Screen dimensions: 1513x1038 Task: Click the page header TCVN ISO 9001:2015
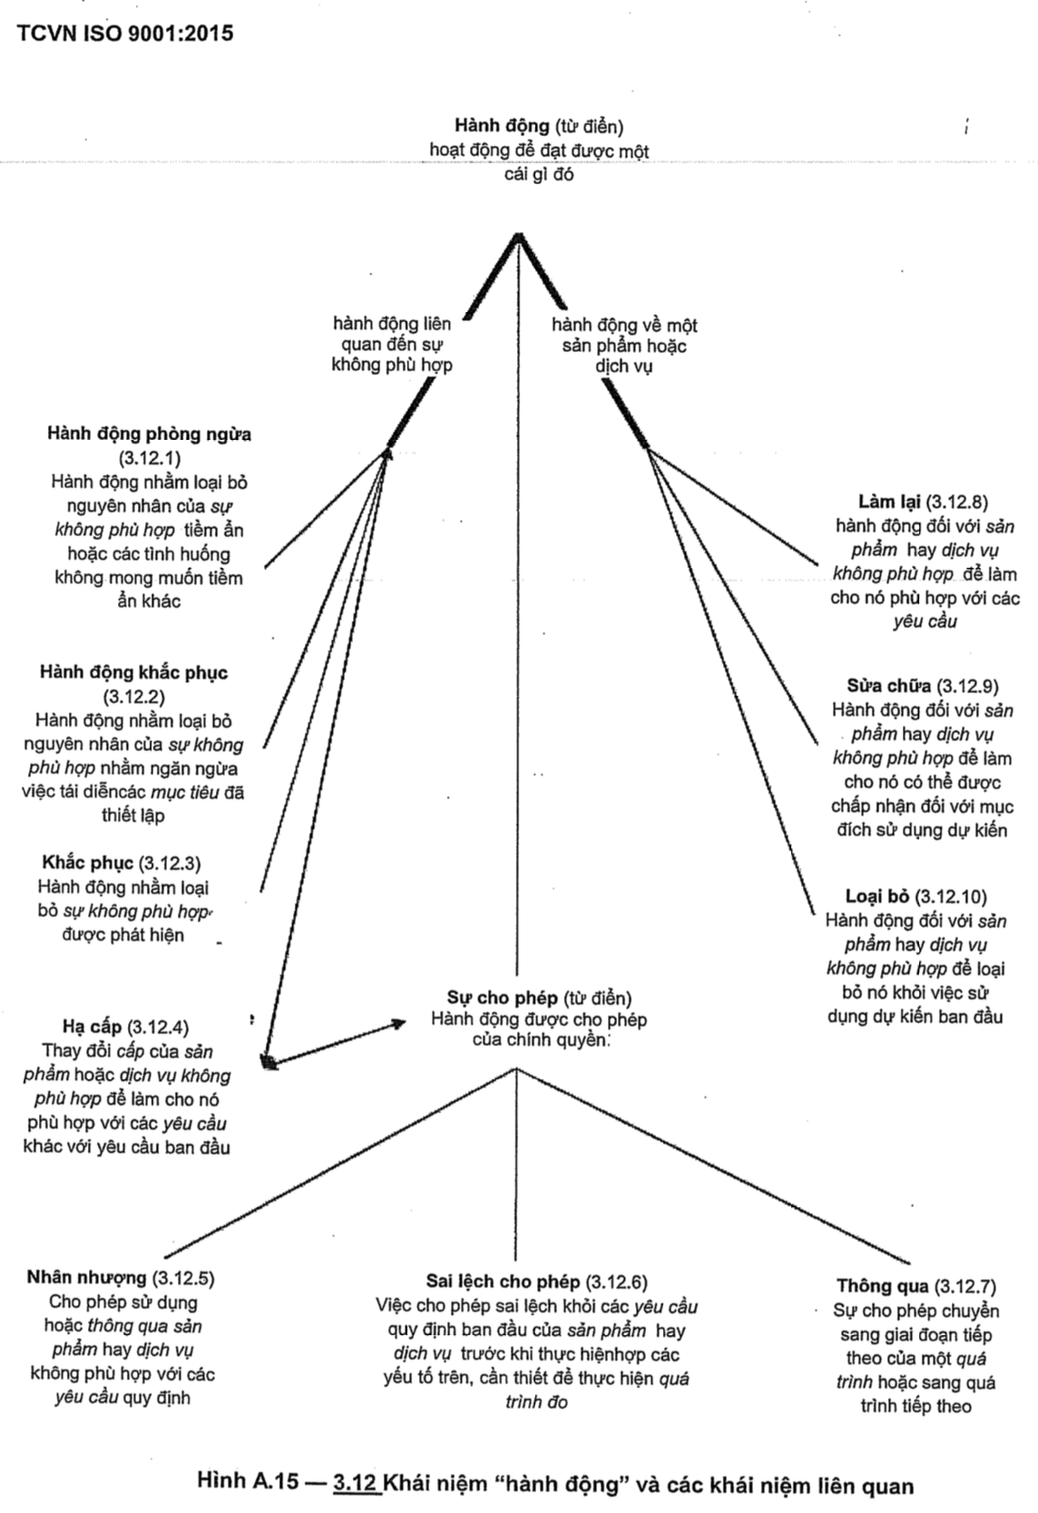point(125,34)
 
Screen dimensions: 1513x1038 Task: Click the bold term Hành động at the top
point(502,125)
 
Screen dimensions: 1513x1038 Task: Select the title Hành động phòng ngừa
point(150,434)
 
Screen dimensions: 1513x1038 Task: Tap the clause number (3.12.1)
point(149,458)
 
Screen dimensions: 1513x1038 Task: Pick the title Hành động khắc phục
point(133,673)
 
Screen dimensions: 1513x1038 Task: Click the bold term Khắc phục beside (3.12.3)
point(87,863)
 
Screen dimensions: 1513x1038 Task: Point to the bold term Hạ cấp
point(92,1028)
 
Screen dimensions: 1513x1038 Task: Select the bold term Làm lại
point(889,502)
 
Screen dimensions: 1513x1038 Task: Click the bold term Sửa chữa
point(889,686)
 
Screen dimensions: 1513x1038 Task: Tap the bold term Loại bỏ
point(877,897)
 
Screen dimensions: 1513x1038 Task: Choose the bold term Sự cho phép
point(503,999)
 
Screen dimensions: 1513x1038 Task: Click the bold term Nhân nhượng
point(86,1278)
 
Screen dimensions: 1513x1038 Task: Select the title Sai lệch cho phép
point(503,1282)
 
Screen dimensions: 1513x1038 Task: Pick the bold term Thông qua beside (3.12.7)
point(883,1286)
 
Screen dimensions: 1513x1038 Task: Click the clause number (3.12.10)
point(951,897)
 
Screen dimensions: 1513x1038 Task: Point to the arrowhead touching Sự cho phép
point(398,1023)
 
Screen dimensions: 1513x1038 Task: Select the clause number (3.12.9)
point(967,686)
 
